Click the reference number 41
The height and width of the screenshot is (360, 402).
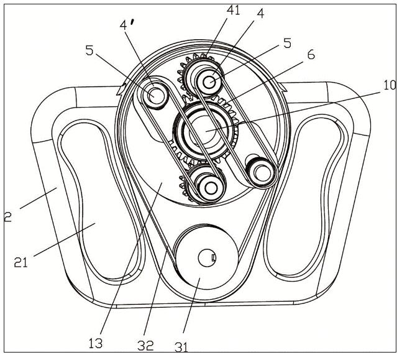233,10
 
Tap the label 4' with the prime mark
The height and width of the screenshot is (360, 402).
127,25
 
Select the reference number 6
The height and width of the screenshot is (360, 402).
311,54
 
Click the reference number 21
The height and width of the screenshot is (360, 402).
21,262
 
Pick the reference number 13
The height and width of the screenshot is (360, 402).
96,343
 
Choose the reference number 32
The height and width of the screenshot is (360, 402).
145,345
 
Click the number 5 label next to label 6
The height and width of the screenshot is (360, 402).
288,43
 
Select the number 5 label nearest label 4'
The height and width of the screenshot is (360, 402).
89,50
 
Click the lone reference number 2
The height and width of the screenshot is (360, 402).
8,217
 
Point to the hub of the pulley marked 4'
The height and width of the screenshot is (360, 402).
155,95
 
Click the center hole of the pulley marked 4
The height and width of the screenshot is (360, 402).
209,83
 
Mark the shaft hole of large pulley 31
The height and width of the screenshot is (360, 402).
207,258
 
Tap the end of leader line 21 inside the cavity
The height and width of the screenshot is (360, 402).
95,223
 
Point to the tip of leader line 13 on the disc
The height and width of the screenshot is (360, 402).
162,182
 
